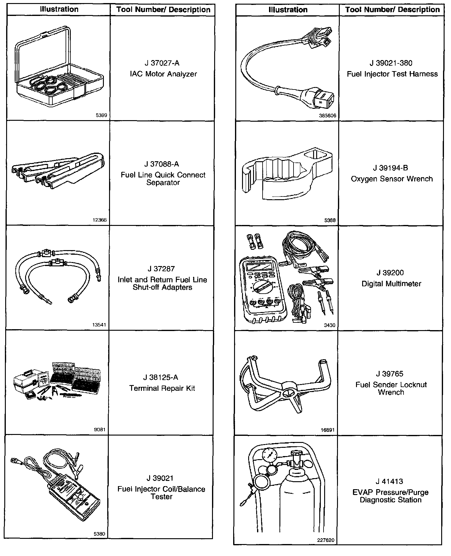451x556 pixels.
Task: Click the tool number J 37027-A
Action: (162, 63)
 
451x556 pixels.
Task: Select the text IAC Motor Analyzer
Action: (163, 74)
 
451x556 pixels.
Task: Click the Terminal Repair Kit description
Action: (162, 388)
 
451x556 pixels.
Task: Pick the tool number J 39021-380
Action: (391, 63)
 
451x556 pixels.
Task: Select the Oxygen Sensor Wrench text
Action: (392, 179)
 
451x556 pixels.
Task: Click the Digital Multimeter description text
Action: (391, 284)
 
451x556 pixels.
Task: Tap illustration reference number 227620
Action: (326, 540)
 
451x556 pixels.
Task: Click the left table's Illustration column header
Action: (59, 10)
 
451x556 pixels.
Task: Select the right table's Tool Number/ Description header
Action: (392, 10)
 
